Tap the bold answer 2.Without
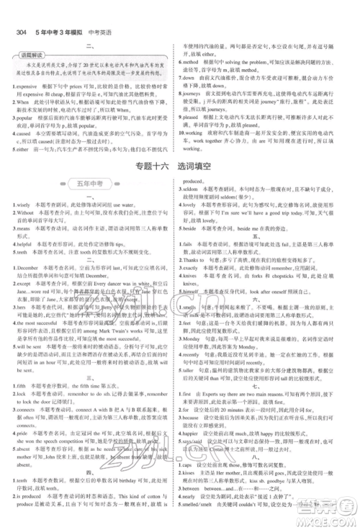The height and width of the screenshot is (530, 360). (27, 214)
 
